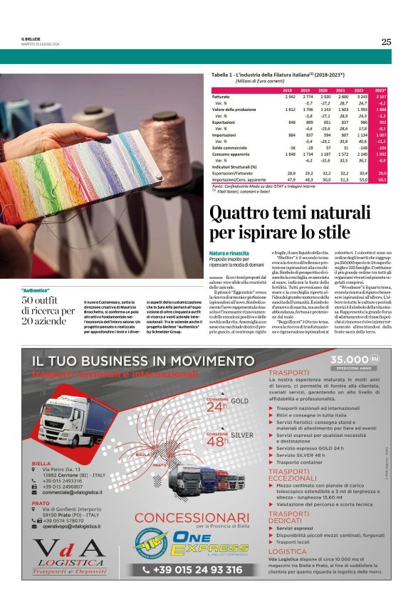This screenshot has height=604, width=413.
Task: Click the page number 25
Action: click(386, 42)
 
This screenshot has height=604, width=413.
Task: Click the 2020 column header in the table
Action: click(324, 90)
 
